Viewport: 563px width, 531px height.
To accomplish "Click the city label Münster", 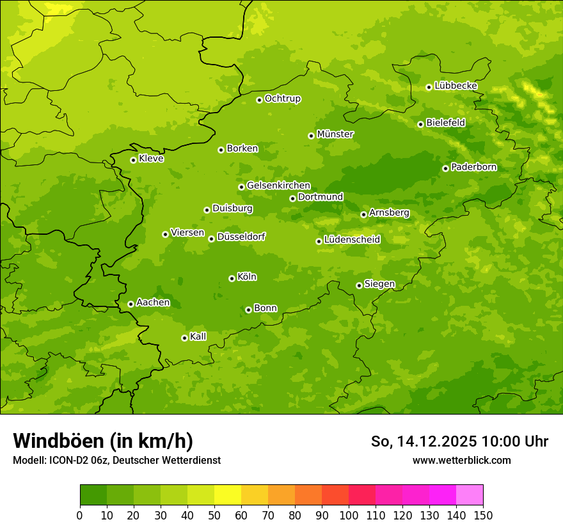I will click(x=335, y=134).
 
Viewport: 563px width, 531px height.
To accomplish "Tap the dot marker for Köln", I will click(x=232, y=278).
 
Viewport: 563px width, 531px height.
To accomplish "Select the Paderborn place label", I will click(x=474, y=167).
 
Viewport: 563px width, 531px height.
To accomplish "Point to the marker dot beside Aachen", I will click(x=131, y=304).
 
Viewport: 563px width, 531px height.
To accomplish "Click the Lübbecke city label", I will click(x=456, y=86).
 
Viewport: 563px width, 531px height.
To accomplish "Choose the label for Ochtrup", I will click(x=283, y=99).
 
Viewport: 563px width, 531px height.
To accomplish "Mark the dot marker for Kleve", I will click(x=133, y=160).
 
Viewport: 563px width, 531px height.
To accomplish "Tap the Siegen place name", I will click(x=379, y=284).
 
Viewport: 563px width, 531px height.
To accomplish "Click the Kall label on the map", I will click(x=198, y=337).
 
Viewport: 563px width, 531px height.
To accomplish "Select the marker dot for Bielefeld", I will click(x=420, y=124).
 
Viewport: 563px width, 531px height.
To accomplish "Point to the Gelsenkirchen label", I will click(x=278, y=186).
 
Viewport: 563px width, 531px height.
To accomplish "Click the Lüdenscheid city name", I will click(x=352, y=240).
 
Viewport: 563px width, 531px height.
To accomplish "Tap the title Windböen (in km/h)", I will click(x=103, y=441).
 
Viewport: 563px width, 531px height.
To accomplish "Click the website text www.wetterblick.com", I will click(x=462, y=460).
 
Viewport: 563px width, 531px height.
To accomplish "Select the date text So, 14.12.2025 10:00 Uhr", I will click(x=459, y=441).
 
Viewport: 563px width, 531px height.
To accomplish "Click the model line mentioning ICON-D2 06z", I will click(x=116, y=460).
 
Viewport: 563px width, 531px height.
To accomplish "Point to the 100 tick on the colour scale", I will click(x=349, y=515).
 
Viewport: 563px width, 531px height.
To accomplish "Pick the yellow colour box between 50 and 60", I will click(x=228, y=495).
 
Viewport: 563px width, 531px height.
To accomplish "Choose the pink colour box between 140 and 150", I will click(x=470, y=495).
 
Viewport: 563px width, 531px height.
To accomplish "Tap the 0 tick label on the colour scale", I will click(x=80, y=515).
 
